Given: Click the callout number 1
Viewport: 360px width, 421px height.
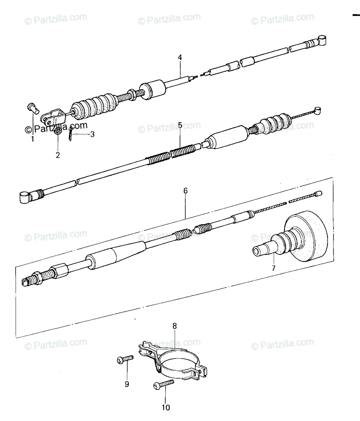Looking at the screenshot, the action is pos(32,139).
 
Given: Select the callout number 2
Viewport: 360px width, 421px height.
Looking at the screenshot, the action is pos(58,155).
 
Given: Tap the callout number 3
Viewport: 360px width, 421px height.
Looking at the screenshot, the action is pos(92,134).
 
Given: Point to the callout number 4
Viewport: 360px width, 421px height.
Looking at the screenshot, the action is pos(180,58).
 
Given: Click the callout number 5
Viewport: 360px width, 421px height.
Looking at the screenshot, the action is pos(180,125).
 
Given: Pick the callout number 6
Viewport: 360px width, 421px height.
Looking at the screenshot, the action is pos(185,191).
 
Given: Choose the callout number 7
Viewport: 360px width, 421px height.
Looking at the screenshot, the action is pos(273,268).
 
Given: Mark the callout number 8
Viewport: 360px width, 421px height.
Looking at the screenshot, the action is pos(175,326).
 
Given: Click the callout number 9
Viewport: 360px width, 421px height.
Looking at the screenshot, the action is pos(127,384).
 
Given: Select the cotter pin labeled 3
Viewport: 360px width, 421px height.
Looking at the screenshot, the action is pos(71,134).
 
